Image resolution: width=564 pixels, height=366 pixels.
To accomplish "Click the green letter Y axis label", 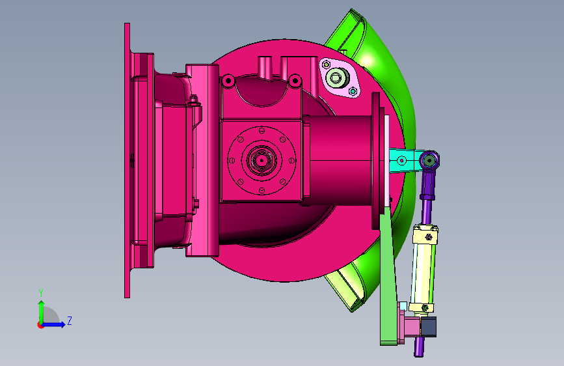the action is coord(41,293).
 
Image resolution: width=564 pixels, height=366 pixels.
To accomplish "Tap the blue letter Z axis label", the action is coord(70,320).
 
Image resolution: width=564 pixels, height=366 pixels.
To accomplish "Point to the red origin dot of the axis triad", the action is coord(40,325).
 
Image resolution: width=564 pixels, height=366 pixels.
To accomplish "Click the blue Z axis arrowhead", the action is coord(62,324).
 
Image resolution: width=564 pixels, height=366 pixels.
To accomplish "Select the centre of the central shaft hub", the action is coord(262,160).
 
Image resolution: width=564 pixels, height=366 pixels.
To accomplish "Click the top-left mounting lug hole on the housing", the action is coord(228,81).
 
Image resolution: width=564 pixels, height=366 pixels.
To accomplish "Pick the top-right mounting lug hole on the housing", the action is coord(295,80).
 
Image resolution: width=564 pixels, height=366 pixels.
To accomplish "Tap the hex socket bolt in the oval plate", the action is coord(336,77).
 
